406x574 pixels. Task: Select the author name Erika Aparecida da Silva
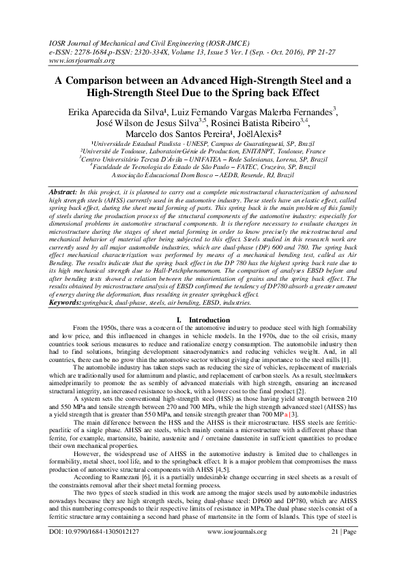(119, 112)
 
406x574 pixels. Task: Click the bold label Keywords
(67, 301)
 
